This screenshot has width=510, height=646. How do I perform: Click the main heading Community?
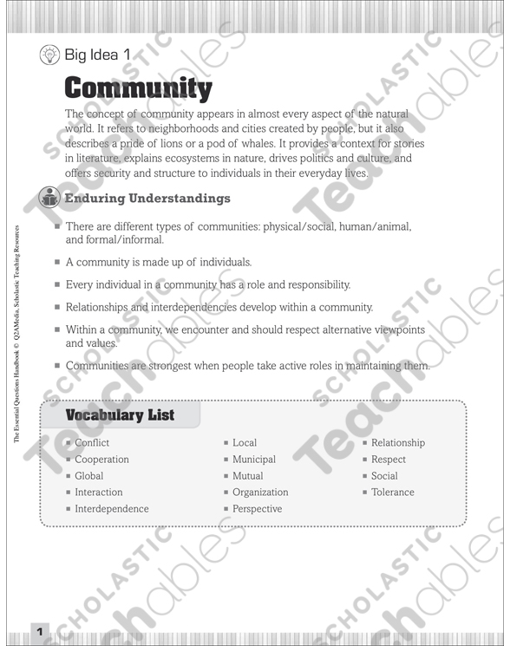tap(138, 88)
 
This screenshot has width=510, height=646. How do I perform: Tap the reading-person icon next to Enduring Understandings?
tap(50, 199)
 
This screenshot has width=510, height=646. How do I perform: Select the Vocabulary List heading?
tap(120, 415)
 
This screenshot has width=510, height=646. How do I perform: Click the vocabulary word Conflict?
tap(92, 443)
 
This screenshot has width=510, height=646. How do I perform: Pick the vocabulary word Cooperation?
tap(101, 460)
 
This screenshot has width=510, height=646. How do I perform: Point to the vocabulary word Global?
tap(88, 476)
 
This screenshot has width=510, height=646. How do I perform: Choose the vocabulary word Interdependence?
tap(111, 509)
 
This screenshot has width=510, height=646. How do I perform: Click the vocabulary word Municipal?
tap(253, 460)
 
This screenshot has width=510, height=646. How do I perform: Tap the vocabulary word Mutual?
tap(247, 476)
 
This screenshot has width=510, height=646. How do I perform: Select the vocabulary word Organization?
tap(260, 493)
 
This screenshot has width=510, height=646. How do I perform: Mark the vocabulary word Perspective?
tap(257, 509)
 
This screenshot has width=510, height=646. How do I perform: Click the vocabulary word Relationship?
tap(398, 443)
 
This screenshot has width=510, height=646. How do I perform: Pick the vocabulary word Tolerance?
tap(393, 493)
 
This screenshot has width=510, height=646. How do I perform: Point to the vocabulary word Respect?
tap(389, 460)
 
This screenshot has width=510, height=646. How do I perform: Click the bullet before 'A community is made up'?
tap(57, 262)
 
